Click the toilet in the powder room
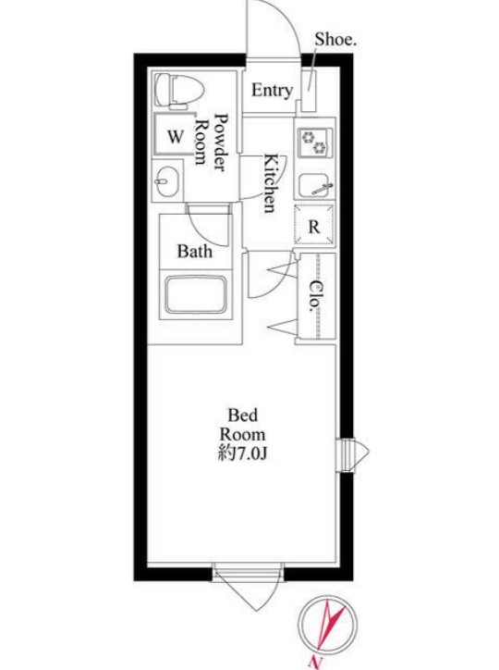178,90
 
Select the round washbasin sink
166,180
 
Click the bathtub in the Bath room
196,295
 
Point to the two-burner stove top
315,143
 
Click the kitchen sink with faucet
315,186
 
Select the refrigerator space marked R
314,225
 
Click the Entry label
272,91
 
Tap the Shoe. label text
335,40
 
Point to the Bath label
194,252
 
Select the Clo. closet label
315,296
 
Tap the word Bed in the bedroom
243,415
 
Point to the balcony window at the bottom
248,587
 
